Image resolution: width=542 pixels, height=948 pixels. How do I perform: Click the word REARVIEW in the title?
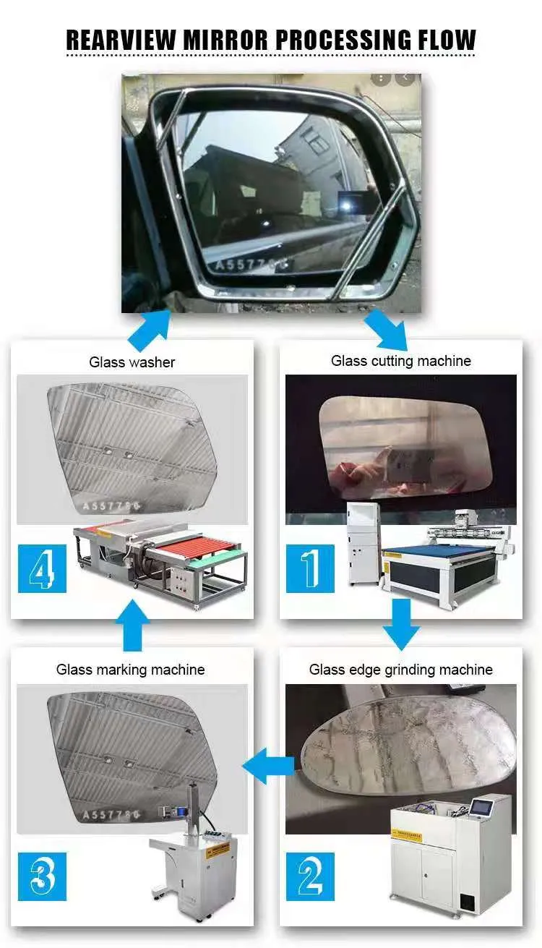pos(120,39)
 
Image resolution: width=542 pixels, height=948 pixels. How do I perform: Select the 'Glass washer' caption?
pos(132,362)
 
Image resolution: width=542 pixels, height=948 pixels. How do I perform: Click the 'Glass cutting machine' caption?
pos(401,361)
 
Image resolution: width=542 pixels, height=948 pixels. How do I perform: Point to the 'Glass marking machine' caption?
pos(131,670)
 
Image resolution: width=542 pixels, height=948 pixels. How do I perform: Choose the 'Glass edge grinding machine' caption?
pos(401,670)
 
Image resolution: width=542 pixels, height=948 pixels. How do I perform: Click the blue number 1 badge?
pos(310,569)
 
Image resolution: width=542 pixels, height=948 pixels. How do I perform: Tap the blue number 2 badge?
pos(310,876)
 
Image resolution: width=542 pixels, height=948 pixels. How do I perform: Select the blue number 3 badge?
pos(41,876)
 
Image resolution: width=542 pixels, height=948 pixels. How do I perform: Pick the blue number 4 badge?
pos(41,569)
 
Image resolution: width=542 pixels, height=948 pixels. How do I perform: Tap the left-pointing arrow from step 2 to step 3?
pos(267,764)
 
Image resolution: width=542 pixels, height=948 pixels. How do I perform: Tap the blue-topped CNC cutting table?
pos(444,560)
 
